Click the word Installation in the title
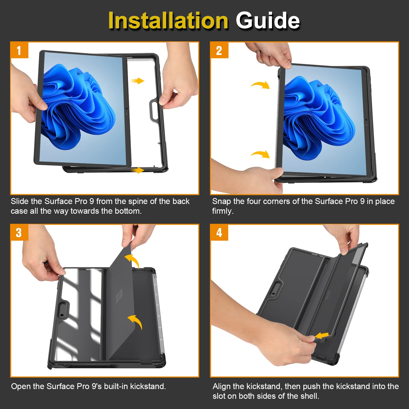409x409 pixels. pyautogui.click(x=168, y=20)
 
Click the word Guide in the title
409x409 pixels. pyautogui.click(x=268, y=20)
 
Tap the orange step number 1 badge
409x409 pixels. pyautogui.click(x=19, y=50)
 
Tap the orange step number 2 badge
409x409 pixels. pyautogui.click(x=219, y=50)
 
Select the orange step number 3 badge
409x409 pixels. pyautogui.click(x=19, y=233)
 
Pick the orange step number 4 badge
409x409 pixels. pyautogui.click(x=219, y=233)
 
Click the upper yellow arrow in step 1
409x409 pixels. pyautogui.click(x=138, y=81)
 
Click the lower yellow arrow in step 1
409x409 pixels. pyautogui.click(x=138, y=170)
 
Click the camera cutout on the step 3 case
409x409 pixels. pyautogui.click(x=62, y=310)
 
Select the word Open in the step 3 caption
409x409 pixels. pyautogui.click(x=21, y=386)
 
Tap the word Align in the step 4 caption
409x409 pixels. pyautogui.click(x=222, y=386)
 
